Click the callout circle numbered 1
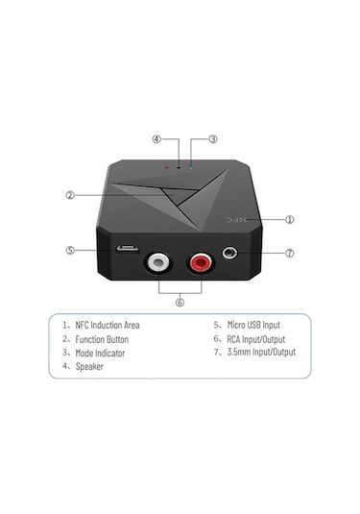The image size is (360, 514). click(x=290, y=219)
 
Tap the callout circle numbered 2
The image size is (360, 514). click(x=70, y=195)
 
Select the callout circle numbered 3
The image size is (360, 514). click(x=212, y=139)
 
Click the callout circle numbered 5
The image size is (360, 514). click(x=70, y=251)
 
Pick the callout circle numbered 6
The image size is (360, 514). click(x=179, y=301)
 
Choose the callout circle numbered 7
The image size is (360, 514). click(x=290, y=254)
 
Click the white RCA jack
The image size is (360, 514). click(x=156, y=261)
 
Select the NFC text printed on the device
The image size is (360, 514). click(x=247, y=220)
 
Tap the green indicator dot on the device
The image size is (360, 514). click(x=191, y=165)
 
